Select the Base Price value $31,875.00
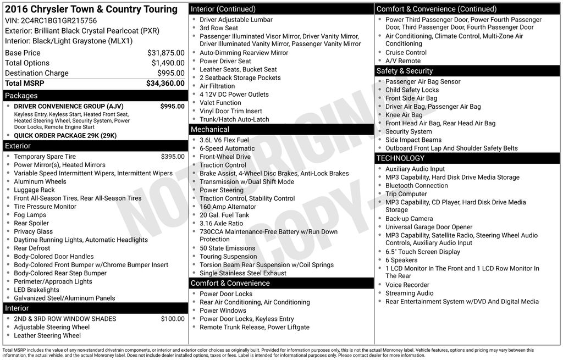(165, 53)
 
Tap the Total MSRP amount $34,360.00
(165, 83)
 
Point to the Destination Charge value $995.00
(170, 73)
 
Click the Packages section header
(21, 96)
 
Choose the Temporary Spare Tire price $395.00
(173, 157)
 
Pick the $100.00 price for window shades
(173, 319)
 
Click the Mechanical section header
(209, 130)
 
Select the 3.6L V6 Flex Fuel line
(224, 140)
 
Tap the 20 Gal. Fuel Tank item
(224, 215)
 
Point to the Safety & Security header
(405, 71)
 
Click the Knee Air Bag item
(404, 115)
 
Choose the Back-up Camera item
(409, 219)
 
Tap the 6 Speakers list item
(401, 260)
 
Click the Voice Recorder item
(407, 285)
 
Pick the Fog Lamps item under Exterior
(30, 215)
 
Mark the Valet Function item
(220, 103)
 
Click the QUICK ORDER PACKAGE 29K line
(65, 136)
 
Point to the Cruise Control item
(406, 53)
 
